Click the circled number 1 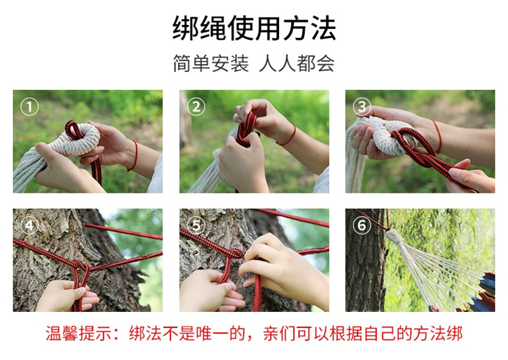pyautogui.click(x=30, y=107)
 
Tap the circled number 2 pyautogui.click(x=196, y=107)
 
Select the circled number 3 pyautogui.click(x=362, y=107)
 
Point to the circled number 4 pyautogui.click(x=30, y=225)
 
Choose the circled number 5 pyautogui.click(x=196, y=225)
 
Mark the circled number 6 pyautogui.click(x=362, y=225)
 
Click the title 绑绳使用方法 pyautogui.click(x=254, y=28)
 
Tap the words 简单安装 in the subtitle pyautogui.click(x=211, y=63)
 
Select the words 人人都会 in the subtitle pyautogui.click(x=297, y=63)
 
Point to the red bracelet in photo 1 pyautogui.click(x=134, y=156)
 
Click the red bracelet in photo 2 pyautogui.click(x=288, y=136)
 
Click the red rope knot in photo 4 pyautogui.click(x=80, y=267)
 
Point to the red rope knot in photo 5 pyautogui.click(x=236, y=253)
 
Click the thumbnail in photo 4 pyautogui.click(x=81, y=292)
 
